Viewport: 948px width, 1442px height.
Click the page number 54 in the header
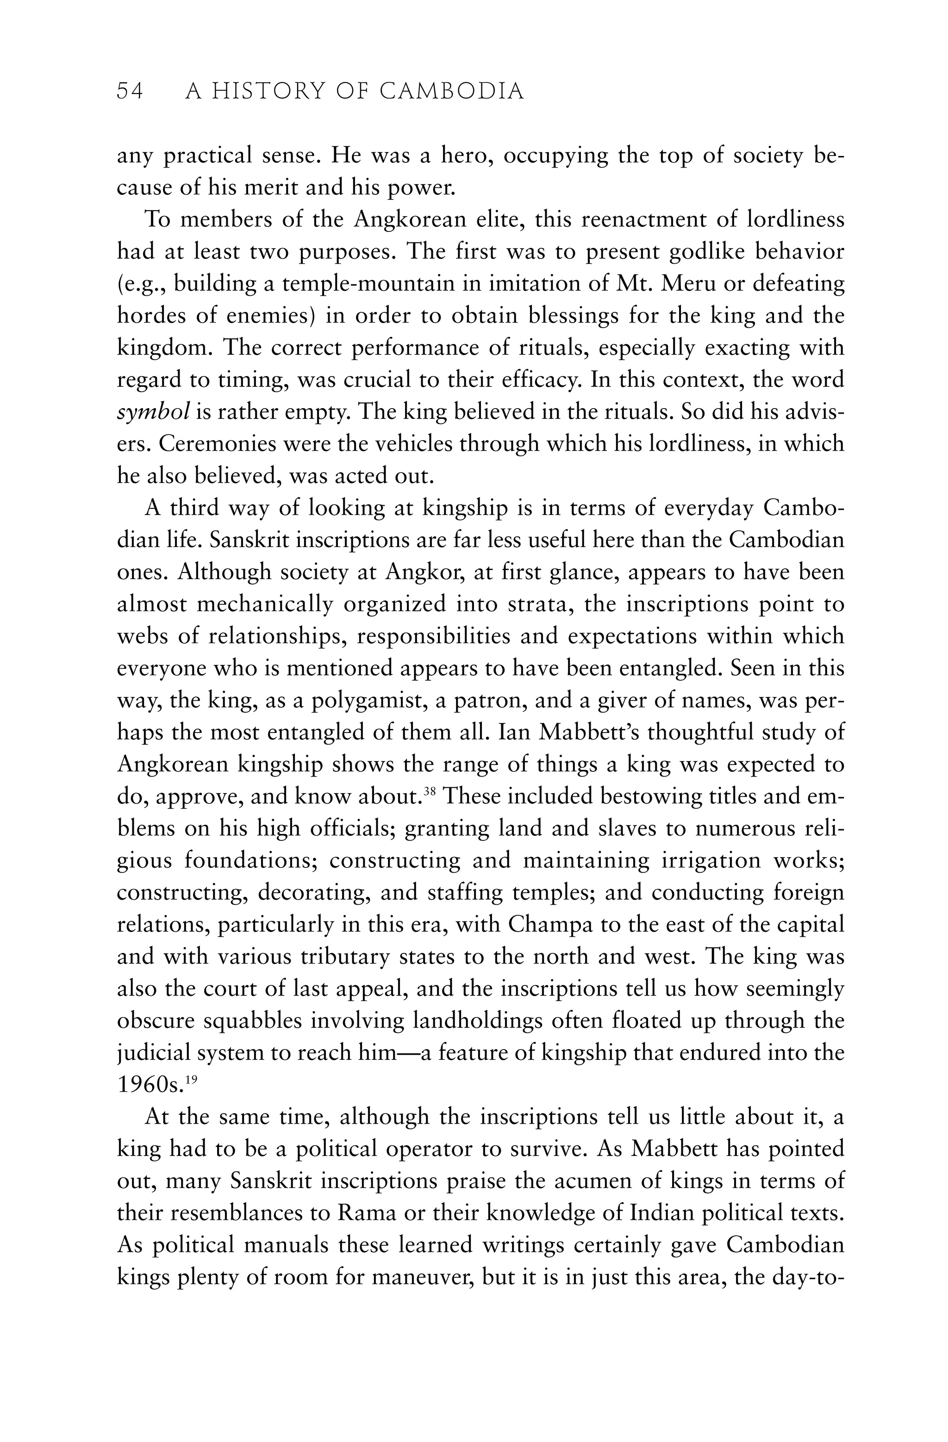pyautogui.click(x=130, y=92)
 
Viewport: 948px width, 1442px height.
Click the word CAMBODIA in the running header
pyautogui.click(x=452, y=92)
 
